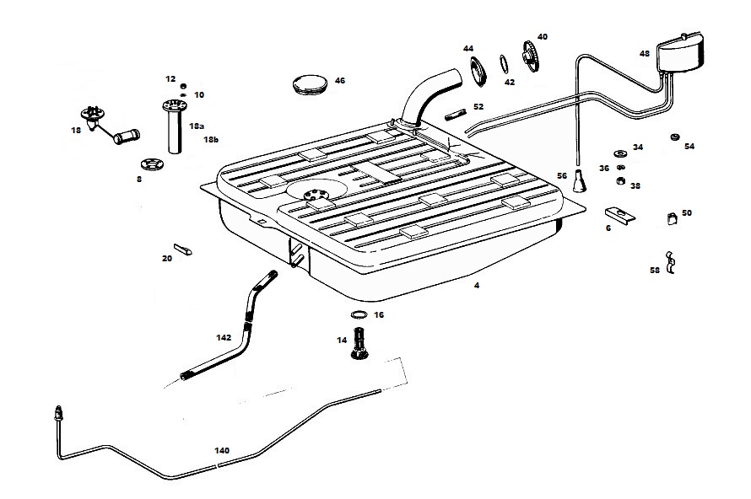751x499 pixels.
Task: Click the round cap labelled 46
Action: [310, 84]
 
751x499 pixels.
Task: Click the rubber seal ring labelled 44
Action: [478, 72]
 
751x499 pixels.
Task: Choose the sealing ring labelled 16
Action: [359, 314]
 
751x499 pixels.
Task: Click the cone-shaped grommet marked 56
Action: [580, 181]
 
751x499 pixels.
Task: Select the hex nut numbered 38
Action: [621, 181]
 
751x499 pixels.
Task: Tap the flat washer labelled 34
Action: [621, 153]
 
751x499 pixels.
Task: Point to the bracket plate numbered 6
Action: [619, 214]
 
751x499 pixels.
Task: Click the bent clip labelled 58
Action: [671, 262]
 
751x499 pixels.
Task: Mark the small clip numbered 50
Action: [672, 218]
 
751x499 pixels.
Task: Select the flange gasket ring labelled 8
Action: [152, 164]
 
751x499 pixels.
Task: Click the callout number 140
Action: [222, 450]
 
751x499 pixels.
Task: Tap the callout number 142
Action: [224, 337]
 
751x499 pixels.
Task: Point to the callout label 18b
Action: [211, 139]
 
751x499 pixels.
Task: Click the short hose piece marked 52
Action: [455, 115]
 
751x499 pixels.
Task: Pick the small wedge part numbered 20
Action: [182, 249]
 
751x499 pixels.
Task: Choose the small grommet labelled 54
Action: [675, 137]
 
